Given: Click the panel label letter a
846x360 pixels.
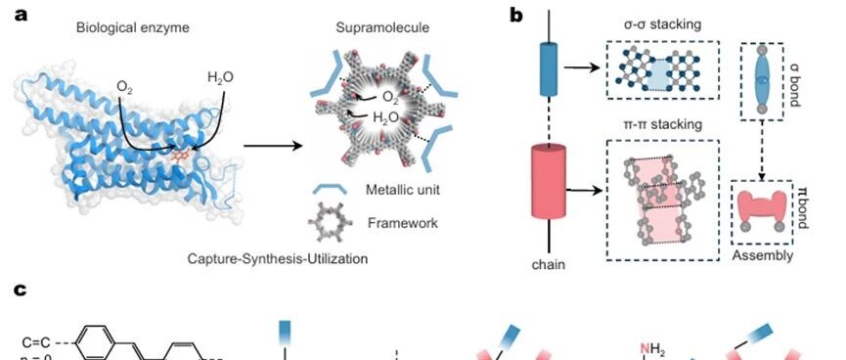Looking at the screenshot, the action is click(22, 15).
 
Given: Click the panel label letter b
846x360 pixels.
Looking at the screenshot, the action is click(515, 15).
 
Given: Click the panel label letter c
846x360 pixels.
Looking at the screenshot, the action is click(21, 290).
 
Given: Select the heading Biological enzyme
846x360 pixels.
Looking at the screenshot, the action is click(133, 27).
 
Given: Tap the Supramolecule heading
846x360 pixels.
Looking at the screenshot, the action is click(383, 27).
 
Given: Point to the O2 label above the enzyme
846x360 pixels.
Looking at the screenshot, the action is click(124, 87).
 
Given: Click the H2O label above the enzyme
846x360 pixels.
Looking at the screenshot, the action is click(221, 77).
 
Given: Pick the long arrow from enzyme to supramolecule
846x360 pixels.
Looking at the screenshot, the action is click(273, 146).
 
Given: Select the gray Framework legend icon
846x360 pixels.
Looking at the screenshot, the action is click(331, 222).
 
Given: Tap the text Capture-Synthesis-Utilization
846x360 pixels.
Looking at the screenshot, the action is click(278, 259).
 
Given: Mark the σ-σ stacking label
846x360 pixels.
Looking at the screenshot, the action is click(662, 24).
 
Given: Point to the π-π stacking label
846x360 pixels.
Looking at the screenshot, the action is click(662, 124).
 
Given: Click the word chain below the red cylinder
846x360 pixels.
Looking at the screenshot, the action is click(549, 264).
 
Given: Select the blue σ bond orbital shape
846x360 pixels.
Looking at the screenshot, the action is click(761, 79).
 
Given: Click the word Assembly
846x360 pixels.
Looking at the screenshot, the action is click(762, 255).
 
